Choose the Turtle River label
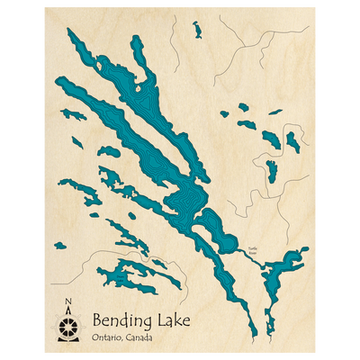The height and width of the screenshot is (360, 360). [x=253, y=252]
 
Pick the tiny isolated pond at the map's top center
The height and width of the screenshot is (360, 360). [x=196, y=30]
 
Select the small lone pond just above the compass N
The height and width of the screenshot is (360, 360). [x=59, y=245]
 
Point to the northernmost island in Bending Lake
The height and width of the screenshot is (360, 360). [x=136, y=89]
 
